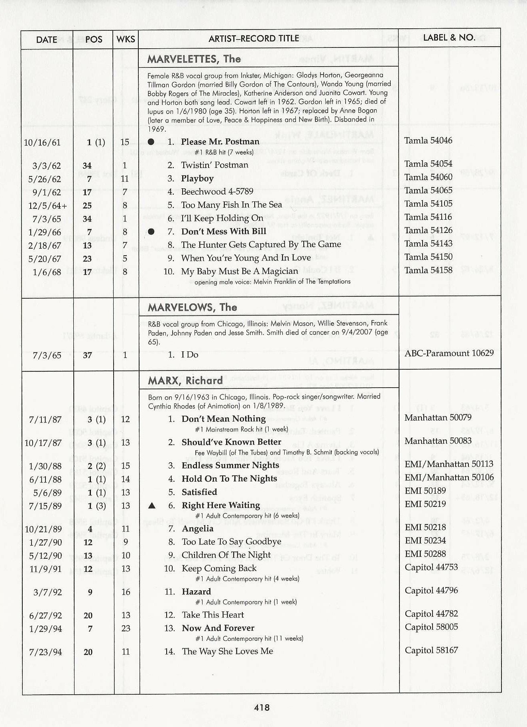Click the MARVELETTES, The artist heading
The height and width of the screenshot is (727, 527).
[x=194, y=59]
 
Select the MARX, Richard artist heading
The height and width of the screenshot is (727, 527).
[x=185, y=380]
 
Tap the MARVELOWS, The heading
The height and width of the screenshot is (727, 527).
[x=192, y=307]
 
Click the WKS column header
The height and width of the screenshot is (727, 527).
[x=126, y=39]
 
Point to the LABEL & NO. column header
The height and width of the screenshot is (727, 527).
[x=449, y=37]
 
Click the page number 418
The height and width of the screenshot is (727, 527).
[x=262, y=707]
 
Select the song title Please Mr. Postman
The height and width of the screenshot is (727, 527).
[x=220, y=142]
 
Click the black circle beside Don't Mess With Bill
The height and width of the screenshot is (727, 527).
[x=151, y=232]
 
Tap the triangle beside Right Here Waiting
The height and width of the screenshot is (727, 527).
[x=151, y=505]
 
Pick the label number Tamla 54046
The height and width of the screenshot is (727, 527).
[x=428, y=140]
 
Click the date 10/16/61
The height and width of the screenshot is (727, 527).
[x=42, y=142]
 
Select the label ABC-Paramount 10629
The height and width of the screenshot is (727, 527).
[x=449, y=353]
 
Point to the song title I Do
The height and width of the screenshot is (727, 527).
[x=190, y=355]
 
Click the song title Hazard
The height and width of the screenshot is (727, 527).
[x=196, y=591]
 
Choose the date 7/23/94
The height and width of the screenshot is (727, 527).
[x=45, y=652]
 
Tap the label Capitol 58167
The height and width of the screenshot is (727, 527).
[x=431, y=650]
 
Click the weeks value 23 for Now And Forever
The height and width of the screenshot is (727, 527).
[x=126, y=628]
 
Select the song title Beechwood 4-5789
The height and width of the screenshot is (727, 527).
[x=217, y=191]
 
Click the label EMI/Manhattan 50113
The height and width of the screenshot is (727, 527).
[x=449, y=464]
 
